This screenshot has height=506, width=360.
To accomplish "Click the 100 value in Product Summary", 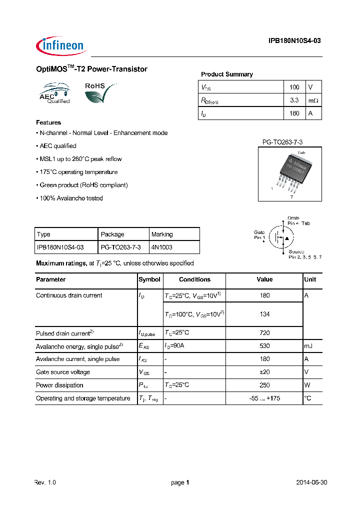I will coord(294,87).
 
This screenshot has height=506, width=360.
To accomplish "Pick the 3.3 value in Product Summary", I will coord(294,100).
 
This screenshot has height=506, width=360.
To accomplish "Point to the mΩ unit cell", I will coord(313,100).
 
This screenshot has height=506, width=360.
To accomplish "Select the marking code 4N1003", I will coord(161,247).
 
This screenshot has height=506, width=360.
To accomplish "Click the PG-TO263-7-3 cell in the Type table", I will coord(120,247).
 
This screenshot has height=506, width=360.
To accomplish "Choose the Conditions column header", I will coord(194,279).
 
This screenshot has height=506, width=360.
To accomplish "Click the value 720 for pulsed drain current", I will coord(264,333).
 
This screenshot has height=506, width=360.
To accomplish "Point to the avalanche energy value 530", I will coord(264,346).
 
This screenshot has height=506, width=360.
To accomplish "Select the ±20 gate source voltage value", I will coord(264,372).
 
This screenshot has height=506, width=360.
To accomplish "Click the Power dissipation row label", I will coord(59,385).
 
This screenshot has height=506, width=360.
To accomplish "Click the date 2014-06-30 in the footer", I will coord(311,482).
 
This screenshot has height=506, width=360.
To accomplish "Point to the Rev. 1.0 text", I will coord(46,482).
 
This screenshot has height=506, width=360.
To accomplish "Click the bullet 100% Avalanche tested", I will coord(70,198).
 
